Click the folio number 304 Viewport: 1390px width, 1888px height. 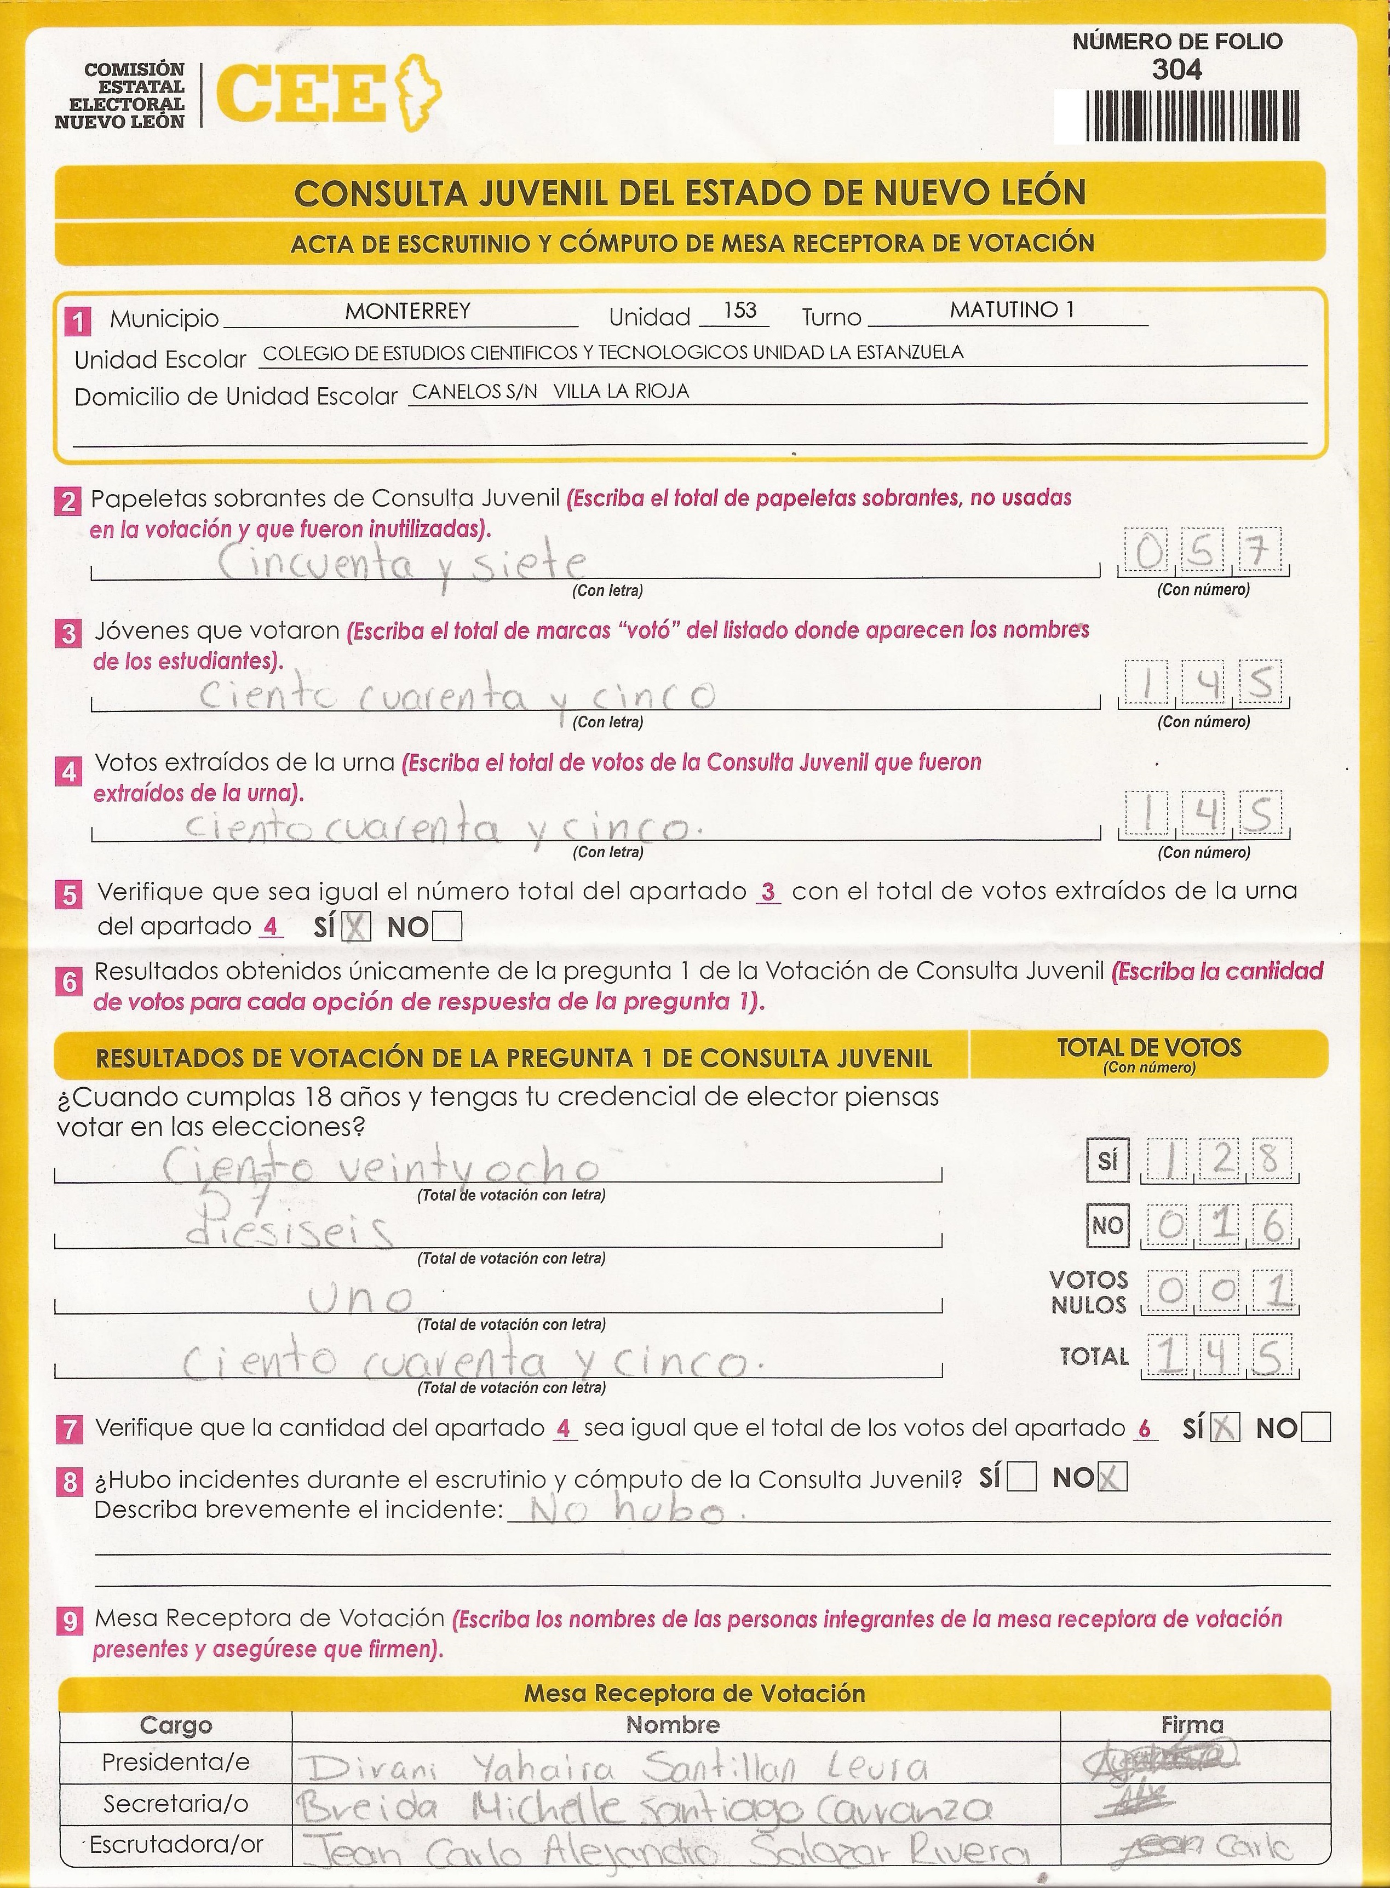pos(1176,70)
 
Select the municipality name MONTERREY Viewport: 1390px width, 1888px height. pos(407,311)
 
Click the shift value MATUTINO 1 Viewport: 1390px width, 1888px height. pos(1012,309)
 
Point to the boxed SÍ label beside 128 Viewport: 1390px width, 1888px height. pos(1107,1161)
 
